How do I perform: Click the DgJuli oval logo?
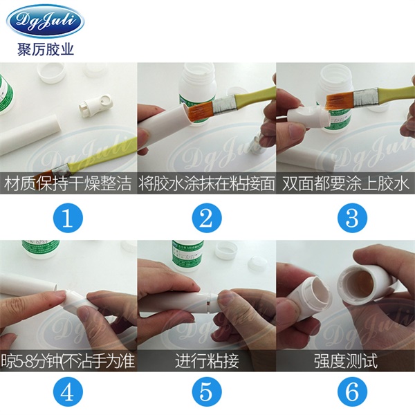(x=45, y=20)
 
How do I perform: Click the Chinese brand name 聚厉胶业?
(x=45, y=49)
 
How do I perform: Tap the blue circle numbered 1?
(x=68, y=219)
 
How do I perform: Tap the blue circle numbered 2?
(x=207, y=219)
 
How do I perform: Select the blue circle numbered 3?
(x=352, y=219)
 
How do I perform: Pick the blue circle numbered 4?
(x=68, y=392)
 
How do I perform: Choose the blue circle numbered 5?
(x=207, y=392)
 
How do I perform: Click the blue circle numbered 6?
(x=352, y=392)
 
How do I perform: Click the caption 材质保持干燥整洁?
(x=68, y=184)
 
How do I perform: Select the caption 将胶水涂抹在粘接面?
(x=207, y=184)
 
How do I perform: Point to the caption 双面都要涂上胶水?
(x=346, y=184)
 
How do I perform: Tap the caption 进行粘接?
(x=207, y=361)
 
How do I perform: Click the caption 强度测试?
(x=346, y=361)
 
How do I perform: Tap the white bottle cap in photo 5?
(x=225, y=252)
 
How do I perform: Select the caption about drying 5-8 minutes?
(x=68, y=361)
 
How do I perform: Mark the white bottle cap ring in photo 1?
(x=50, y=73)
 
